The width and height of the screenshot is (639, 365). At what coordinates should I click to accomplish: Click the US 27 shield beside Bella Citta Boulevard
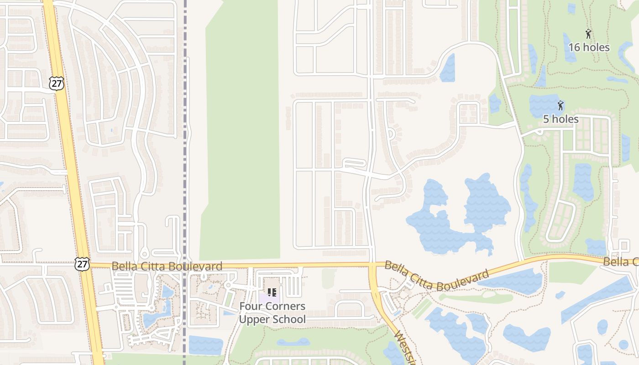[x=82, y=263]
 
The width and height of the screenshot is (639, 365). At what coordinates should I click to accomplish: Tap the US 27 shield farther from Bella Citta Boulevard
[x=57, y=83]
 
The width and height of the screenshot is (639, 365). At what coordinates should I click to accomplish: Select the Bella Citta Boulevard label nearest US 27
[x=167, y=266]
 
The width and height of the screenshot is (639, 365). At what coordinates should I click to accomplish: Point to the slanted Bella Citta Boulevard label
[x=436, y=276]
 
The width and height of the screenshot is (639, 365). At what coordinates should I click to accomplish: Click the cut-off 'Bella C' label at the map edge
[x=621, y=262]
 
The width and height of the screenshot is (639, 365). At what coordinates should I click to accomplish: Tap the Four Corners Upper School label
[x=272, y=313]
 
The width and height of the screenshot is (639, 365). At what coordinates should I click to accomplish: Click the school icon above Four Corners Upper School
[x=272, y=292]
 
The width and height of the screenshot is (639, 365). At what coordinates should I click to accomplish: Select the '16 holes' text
[x=589, y=47]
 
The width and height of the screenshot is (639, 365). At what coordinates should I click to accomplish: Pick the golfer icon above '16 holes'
[x=588, y=34]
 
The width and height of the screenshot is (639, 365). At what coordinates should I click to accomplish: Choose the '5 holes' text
[x=560, y=119]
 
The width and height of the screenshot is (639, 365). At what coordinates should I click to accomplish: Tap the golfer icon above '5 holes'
[x=560, y=106]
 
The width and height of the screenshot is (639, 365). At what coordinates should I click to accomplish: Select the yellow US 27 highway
[x=73, y=182]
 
